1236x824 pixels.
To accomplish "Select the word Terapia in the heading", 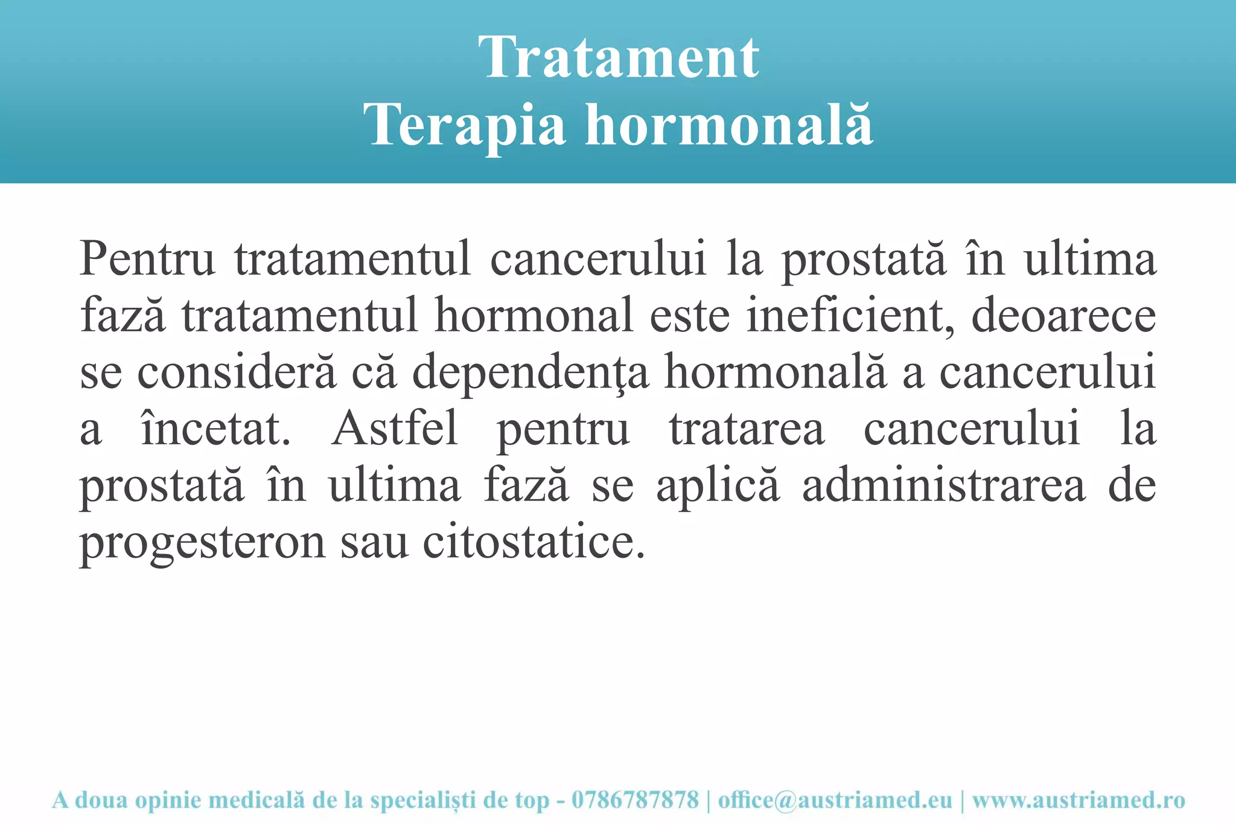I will (465, 125).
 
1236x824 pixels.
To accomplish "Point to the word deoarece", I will (1063, 315).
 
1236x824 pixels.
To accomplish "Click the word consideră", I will (237, 372).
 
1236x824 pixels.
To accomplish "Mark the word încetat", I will (215, 429).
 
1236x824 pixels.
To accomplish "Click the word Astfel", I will (395, 429).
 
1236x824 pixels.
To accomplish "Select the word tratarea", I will (747, 429).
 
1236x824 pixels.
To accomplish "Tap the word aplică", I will (718, 487).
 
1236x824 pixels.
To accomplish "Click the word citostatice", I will (534, 542).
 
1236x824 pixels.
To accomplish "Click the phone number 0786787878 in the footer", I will (635, 800).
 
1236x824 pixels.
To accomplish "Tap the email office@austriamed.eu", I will (835, 800).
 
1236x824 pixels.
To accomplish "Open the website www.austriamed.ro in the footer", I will (1078, 800).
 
